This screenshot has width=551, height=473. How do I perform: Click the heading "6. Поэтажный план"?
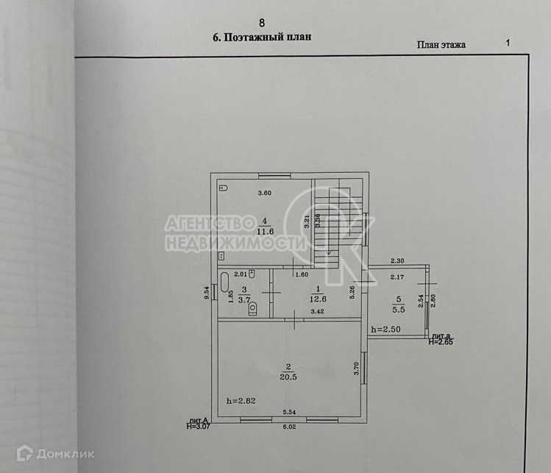262,38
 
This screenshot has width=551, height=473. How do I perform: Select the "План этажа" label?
441,44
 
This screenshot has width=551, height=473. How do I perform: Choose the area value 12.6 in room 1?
316,299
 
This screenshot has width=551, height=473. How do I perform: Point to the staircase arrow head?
328,254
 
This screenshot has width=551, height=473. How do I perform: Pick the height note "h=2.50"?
386,328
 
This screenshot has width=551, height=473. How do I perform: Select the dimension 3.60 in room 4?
263,193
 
